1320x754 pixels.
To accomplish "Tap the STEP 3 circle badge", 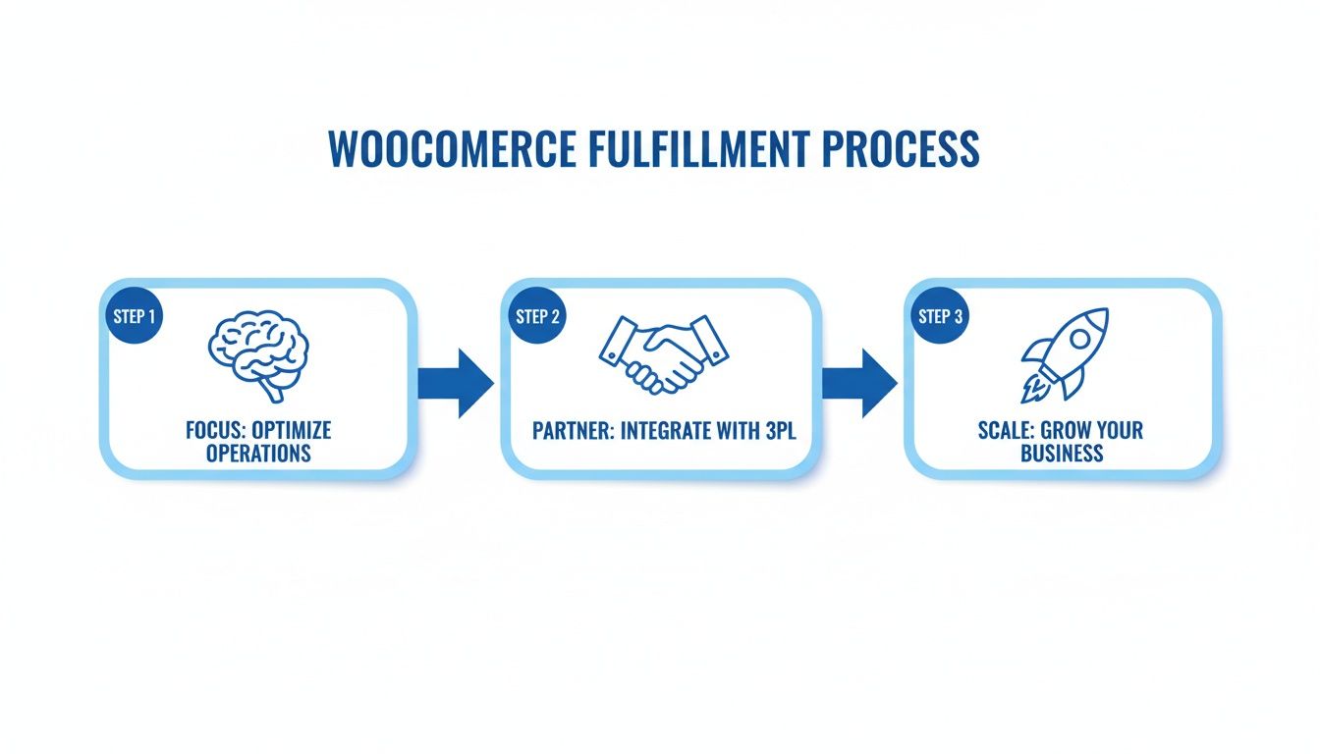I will click(941, 317).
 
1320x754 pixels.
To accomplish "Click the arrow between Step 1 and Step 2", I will click(455, 382).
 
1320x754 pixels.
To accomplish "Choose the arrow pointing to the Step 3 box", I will click(858, 382).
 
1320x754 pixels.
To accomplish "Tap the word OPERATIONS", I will click(258, 453).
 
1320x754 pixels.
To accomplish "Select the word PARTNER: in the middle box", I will click(570, 431).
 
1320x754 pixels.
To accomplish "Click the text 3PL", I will click(774, 431).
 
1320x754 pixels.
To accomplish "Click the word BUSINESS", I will click(1063, 453).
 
